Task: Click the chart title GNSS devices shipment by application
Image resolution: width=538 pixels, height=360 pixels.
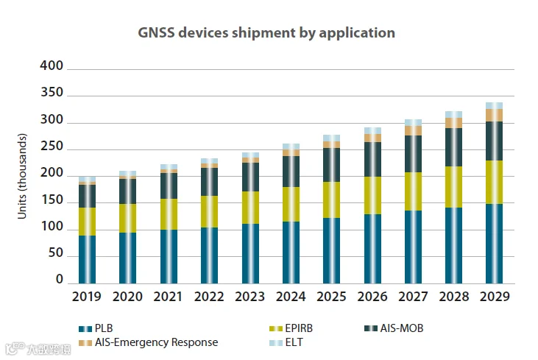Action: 266,33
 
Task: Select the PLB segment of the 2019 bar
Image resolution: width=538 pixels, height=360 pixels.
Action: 88,259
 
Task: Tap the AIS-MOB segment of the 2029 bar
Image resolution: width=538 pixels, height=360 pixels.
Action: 494,141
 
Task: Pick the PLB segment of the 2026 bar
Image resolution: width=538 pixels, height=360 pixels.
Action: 373,248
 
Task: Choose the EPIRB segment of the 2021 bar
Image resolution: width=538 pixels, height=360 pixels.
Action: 169,213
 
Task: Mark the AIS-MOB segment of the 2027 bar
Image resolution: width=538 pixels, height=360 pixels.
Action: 413,154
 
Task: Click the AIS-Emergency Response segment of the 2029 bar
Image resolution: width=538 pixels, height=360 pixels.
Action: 494,115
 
